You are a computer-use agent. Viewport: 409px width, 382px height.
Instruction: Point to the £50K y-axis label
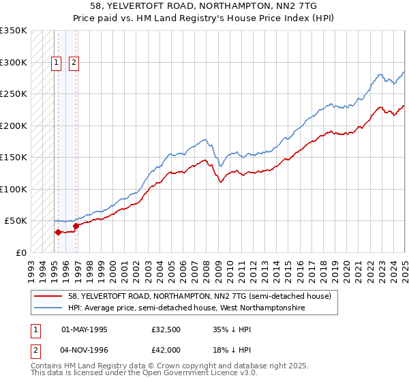[x=15, y=221]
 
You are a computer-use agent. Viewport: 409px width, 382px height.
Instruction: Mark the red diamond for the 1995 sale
[x=58, y=232]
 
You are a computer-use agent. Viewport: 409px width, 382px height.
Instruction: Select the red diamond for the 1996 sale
[x=76, y=226]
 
